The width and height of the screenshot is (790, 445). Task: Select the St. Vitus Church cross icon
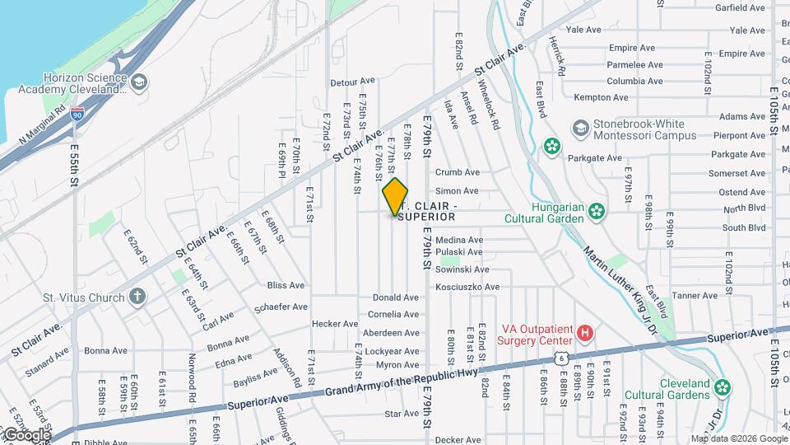(x=137, y=296)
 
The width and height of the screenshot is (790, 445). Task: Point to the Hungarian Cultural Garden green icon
(x=597, y=213)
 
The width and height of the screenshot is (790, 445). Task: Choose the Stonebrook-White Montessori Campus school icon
(x=582, y=129)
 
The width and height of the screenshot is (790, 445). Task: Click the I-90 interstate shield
(x=77, y=115)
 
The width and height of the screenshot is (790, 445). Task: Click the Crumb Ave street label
(x=458, y=172)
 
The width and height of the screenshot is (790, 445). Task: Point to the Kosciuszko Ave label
(x=467, y=287)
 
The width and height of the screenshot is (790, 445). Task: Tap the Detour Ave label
(x=352, y=82)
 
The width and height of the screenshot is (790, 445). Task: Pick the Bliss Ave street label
(x=286, y=285)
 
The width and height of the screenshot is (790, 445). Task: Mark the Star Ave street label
(x=402, y=414)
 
